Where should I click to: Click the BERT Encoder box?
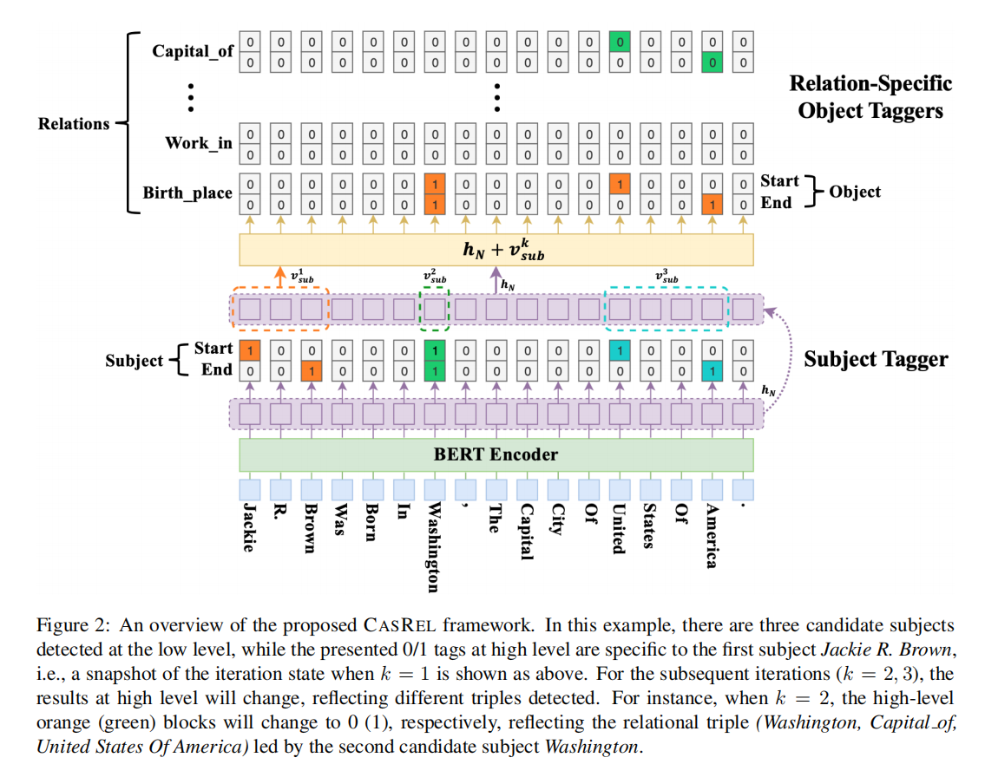click(496, 454)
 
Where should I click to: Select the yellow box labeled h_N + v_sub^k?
click(496, 250)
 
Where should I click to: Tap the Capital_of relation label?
click(193, 50)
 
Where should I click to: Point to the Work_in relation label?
click(199, 142)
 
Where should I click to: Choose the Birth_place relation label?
click(187, 193)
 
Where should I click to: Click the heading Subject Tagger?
click(876, 358)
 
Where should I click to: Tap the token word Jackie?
click(249, 526)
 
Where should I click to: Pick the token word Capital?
click(526, 531)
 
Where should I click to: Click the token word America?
click(712, 535)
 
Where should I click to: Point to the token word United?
click(619, 528)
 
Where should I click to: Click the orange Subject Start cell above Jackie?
click(249, 350)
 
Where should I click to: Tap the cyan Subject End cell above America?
click(712, 370)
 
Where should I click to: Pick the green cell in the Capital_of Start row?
click(619, 41)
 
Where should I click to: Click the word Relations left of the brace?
click(74, 124)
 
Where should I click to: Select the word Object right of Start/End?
click(854, 192)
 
